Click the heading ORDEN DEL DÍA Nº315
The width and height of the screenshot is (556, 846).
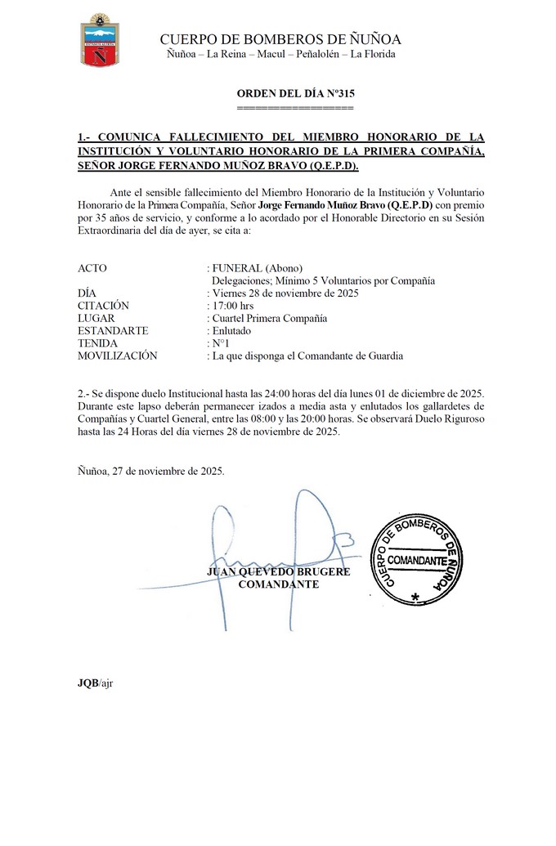pos(295,93)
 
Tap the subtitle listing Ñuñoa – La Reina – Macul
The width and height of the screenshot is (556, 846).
pos(281,54)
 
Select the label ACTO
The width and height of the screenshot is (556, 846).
pos(92,267)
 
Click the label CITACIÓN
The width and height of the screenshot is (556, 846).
pos(104,306)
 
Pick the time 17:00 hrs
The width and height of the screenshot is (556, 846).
pos(232,306)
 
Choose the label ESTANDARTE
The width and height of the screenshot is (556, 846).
pos(113,330)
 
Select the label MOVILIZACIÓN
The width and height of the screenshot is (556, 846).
pos(116,356)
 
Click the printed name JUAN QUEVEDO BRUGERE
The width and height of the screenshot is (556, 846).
pos(279,571)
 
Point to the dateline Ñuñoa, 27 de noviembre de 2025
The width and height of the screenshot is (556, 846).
pos(150,471)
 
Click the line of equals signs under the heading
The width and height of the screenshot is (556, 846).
pos(295,107)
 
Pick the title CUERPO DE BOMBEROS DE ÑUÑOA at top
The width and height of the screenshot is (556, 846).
pos(280,39)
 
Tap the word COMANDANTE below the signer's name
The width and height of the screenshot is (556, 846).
pos(278,584)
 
